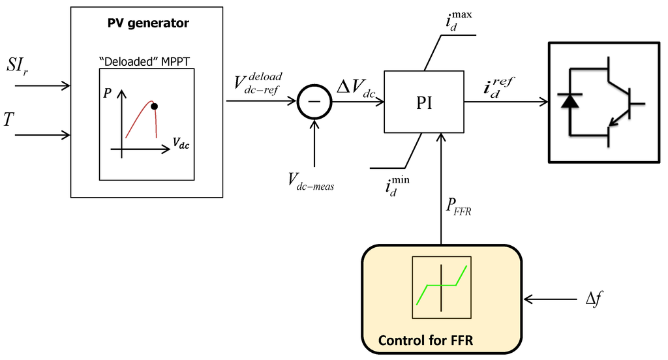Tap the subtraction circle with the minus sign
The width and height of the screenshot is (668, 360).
(314, 102)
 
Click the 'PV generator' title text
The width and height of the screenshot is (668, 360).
(147, 23)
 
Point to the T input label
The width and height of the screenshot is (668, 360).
(8, 119)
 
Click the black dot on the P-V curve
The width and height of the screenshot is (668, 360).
(155, 106)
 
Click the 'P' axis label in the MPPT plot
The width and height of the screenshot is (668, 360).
(107, 93)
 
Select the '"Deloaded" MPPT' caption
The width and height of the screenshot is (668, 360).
(147, 61)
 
